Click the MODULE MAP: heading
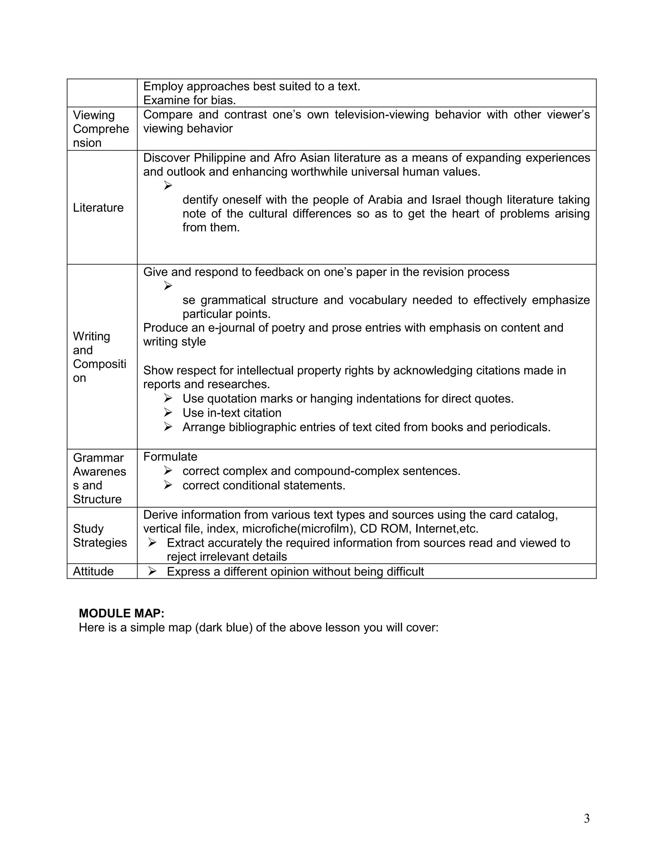click(121, 614)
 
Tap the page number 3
click(587, 818)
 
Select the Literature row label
click(98, 208)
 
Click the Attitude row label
click(93, 571)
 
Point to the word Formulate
click(170, 457)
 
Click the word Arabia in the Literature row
click(385, 200)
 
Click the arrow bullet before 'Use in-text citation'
click(168, 413)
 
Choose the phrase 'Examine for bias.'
click(189, 100)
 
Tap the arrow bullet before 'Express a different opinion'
click(152, 571)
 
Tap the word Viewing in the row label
click(93, 115)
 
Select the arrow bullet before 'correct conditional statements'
click(168, 485)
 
